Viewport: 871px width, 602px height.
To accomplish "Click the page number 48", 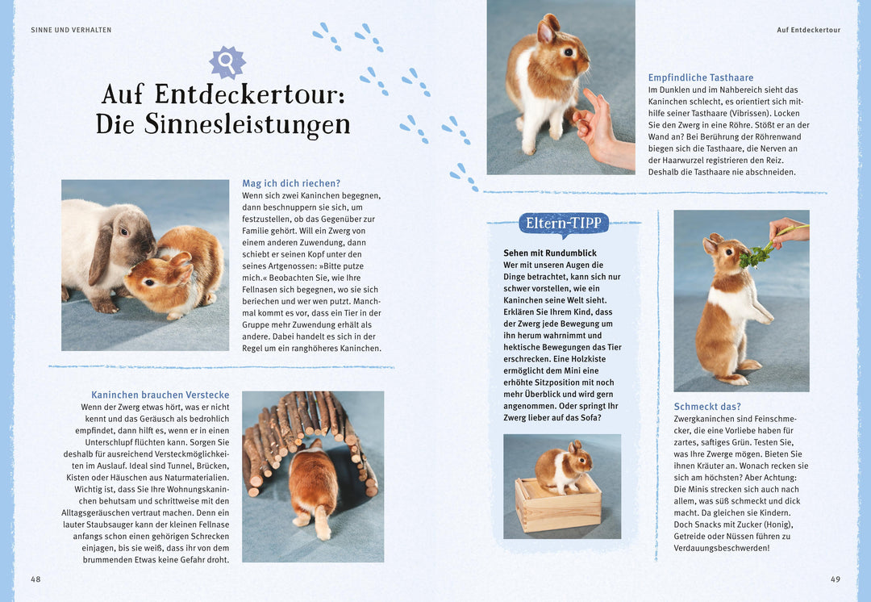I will [35, 579].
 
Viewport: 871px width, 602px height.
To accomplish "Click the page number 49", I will [836, 579].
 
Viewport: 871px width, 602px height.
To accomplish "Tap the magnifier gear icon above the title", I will [227, 61].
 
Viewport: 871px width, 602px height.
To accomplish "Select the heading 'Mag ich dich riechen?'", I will [291, 183].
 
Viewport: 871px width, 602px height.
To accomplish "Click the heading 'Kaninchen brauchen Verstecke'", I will [160, 395].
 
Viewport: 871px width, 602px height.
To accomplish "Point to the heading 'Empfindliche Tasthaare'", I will [701, 77].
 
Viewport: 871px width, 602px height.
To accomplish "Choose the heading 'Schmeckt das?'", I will [707, 407].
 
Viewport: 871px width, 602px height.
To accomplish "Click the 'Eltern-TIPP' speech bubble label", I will [564, 224].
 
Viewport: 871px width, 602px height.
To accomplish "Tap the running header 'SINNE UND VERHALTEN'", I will [71, 30].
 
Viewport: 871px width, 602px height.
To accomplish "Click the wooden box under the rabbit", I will [559, 506].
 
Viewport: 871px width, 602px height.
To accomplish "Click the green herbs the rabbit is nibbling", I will [756, 256].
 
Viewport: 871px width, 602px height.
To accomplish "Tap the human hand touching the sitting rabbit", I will [601, 128].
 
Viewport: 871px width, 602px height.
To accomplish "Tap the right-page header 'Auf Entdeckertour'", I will [808, 30].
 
